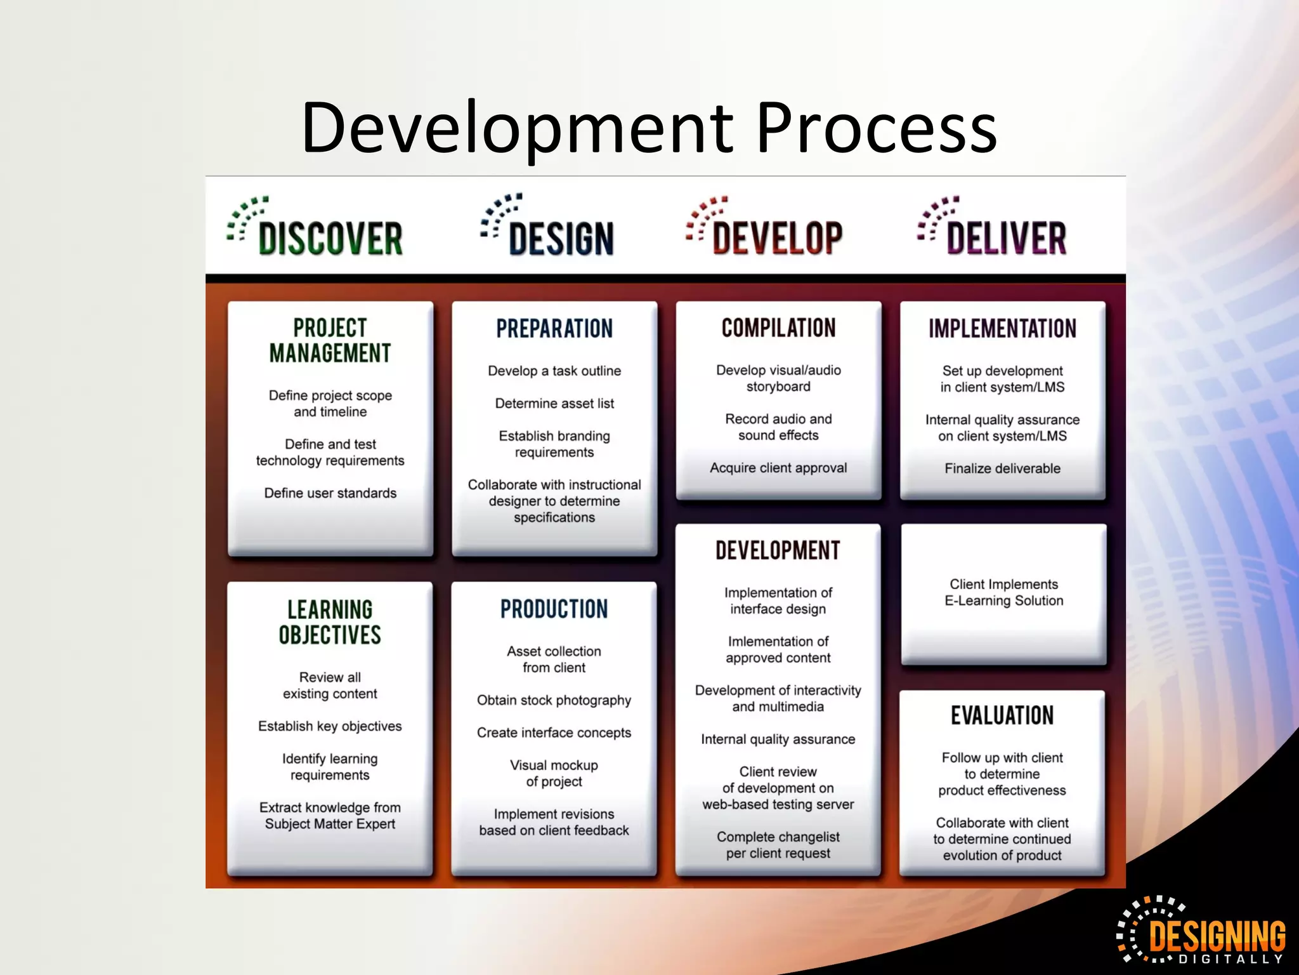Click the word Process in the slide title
(x=876, y=129)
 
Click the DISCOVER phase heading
(x=330, y=238)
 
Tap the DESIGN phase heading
(x=561, y=238)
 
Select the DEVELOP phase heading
(x=777, y=238)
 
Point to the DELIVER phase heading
(x=1006, y=238)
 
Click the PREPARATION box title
(x=554, y=329)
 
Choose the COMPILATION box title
(x=778, y=328)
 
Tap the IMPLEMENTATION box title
(x=1002, y=329)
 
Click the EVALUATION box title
(x=1002, y=715)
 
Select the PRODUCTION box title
(x=554, y=609)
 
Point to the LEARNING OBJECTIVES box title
(x=330, y=622)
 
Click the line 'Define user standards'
(x=330, y=493)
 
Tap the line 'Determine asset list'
(x=554, y=404)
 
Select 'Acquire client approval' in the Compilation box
(x=778, y=468)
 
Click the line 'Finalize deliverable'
(x=1002, y=468)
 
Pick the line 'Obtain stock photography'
(x=554, y=700)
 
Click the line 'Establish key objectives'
(x=330, y=726)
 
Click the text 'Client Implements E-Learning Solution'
(x=1003, y=592)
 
